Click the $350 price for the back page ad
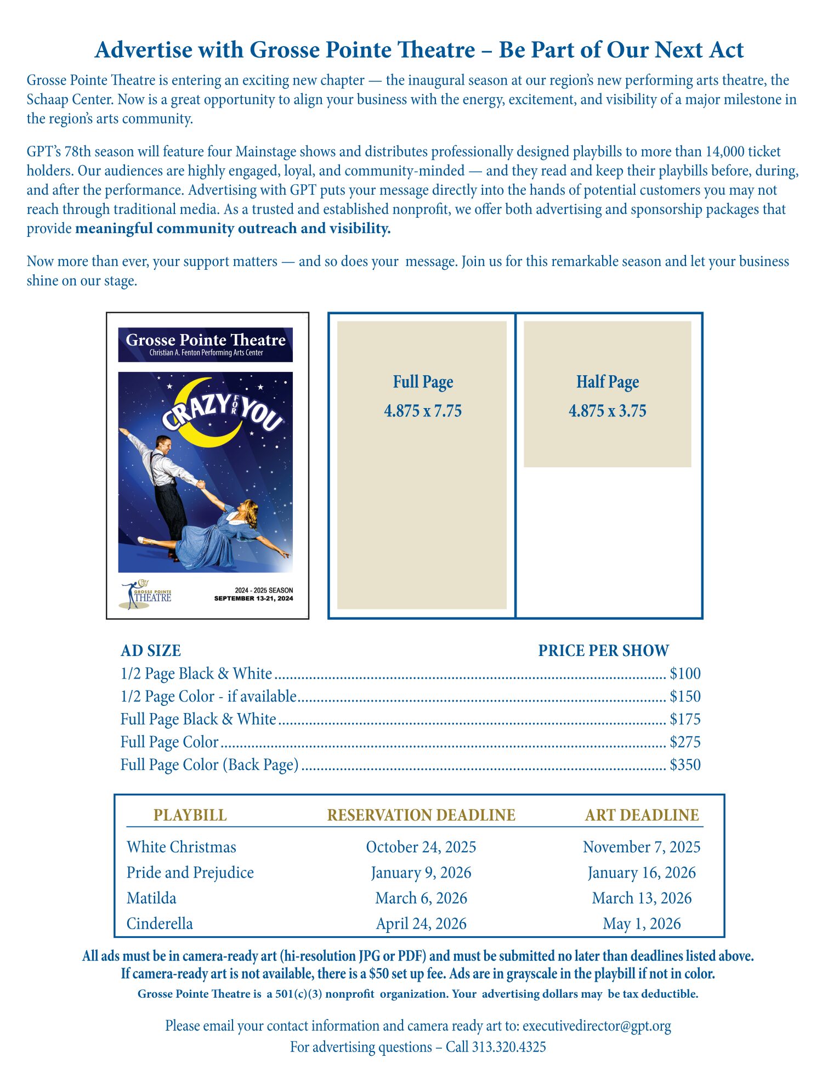click(685, 765)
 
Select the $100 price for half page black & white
click(685, 674)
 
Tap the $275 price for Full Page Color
click(685, 742)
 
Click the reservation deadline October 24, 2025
click(421, 847)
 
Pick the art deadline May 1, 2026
click(642, 924)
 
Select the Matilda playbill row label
click(151, 898)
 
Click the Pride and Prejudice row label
click(190, 873)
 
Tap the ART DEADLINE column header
click(642, 815)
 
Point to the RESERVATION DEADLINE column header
click(421, 815)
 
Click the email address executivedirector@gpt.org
click(597, 1026)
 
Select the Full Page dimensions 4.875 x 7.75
click(423, 411)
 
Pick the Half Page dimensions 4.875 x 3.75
click(607, 411)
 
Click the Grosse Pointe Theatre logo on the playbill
click(146, 595)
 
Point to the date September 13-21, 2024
click(253, 598)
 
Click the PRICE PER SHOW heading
click(603, 651)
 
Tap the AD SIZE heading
click(151, 651)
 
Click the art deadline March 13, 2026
click(642, 898)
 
